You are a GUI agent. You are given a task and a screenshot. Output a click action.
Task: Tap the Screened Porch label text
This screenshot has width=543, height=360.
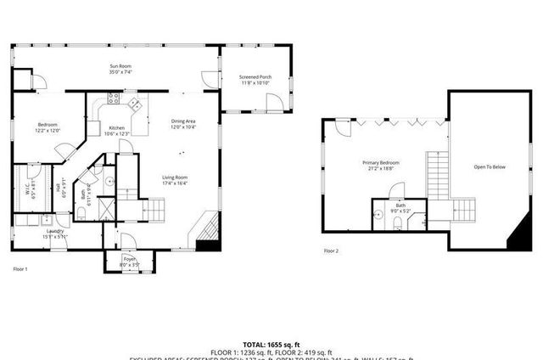pos(254,77)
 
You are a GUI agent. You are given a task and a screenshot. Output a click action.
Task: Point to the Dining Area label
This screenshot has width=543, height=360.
pos(184,121)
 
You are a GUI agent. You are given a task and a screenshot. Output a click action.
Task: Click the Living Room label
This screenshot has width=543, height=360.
pos(175,177)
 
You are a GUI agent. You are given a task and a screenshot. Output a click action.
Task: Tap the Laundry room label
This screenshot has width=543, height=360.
pos(56,231)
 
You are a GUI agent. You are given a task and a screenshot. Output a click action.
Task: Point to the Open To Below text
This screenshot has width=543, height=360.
pos(490,166)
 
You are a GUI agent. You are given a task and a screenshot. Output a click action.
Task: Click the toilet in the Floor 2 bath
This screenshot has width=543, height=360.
pos(398,223)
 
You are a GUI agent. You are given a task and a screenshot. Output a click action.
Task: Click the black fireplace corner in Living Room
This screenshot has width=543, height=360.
pos(206,245)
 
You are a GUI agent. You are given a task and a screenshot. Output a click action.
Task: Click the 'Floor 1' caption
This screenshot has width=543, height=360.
pos(20,269)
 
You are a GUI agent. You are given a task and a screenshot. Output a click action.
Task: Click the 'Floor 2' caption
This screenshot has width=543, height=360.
pos(331,251)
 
